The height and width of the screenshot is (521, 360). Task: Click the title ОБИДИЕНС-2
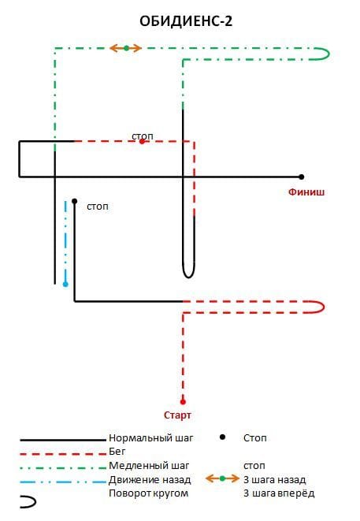click(186, 21)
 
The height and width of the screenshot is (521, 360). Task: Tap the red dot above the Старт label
click(183, 402)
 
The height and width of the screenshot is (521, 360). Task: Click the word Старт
click(177, 415)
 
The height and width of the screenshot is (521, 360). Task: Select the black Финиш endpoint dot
click(301, 177)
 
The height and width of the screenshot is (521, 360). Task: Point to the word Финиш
click(306, 192)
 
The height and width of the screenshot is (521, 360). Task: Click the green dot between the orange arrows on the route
click(126, 48)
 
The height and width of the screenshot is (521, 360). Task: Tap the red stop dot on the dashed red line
click(142, 142)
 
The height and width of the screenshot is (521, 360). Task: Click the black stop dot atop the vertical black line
click(74, 201)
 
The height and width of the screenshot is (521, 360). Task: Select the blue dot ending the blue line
click(65, 284)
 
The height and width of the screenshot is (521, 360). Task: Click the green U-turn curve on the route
click(328, 54)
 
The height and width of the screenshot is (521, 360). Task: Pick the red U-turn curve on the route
click(324, 307)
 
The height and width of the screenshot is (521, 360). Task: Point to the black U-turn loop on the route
click(188, 277)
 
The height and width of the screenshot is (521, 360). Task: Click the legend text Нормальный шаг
click(150, 438)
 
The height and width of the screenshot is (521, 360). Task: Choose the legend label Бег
click(117, 451)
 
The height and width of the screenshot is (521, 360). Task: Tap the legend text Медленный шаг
click(149, 466)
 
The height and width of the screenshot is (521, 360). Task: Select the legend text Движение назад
click(150, 480)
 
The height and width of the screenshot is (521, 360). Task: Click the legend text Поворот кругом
click(148, 493)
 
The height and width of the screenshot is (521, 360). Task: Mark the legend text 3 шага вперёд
click(279, 493)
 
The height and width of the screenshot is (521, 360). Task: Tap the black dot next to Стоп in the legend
click(222, 437)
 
